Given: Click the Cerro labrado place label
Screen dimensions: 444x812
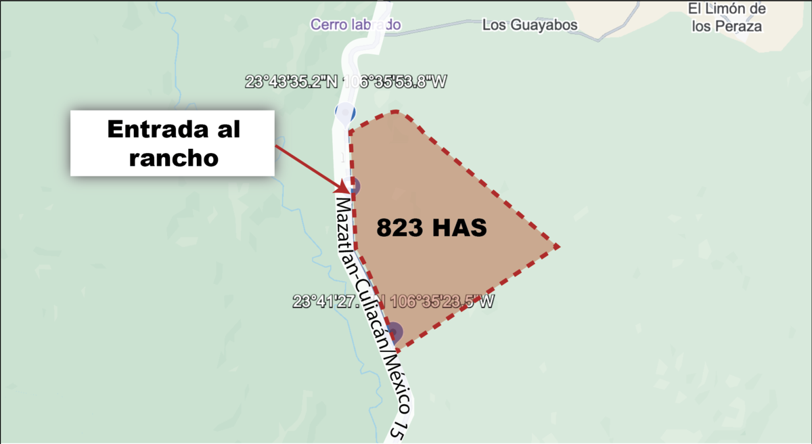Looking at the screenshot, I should coord(355,24).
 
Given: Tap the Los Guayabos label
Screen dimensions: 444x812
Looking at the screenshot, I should coord(530,25).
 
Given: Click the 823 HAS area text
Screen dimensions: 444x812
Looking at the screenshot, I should coord(432,228).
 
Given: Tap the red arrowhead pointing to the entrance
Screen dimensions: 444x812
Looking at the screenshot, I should coord(343,184).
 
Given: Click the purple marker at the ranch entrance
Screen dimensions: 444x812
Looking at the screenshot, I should coord(353,186).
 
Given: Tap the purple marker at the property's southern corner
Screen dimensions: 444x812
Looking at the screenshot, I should coord(394,332).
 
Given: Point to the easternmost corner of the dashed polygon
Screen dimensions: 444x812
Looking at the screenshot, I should coord(558,246).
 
